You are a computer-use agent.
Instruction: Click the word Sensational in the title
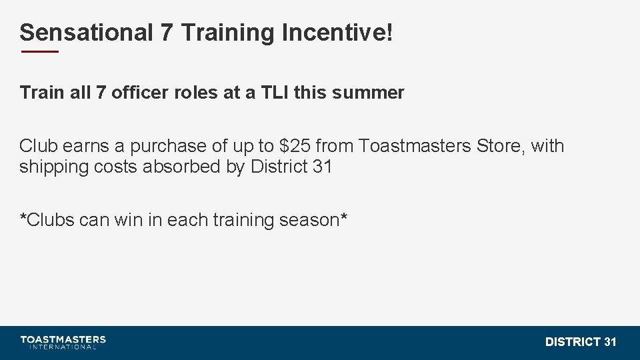point(86,32)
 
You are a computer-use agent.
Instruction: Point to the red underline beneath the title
point(39,51)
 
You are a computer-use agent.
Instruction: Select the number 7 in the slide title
point(167,32)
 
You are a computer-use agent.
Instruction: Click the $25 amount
point(294,146)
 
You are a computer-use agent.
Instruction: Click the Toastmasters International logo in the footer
point(63,342)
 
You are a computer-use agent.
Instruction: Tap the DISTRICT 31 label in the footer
point(581,342)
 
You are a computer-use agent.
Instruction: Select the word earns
point(85,146)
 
